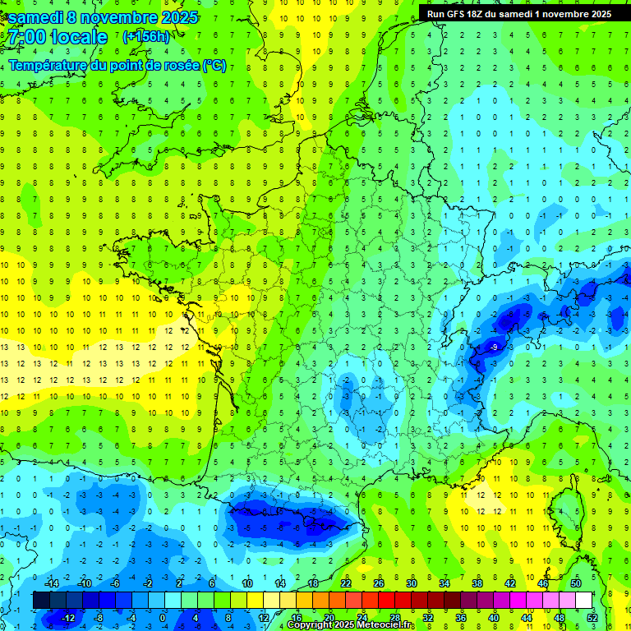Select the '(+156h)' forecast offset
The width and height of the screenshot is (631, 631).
tap(145, 37)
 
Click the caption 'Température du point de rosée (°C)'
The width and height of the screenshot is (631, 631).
tap(117, 65)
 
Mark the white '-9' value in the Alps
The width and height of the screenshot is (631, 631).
tap(494, 348)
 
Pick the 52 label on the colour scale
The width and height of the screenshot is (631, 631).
tap(592, 617)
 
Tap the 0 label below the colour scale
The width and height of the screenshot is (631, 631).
tap(162, 617)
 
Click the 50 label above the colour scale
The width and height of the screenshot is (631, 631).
tap(575, 583)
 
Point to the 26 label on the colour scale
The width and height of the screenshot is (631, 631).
tap(379, 583)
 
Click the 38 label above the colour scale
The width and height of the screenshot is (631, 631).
tap(477, 583)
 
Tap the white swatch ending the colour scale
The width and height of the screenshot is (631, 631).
tap(584, 601)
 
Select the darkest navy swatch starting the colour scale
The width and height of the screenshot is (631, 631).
tap(41, 601)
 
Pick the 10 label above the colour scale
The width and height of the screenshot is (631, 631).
tap(246, 583)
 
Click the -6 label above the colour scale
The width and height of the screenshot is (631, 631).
tap(116, 583)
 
